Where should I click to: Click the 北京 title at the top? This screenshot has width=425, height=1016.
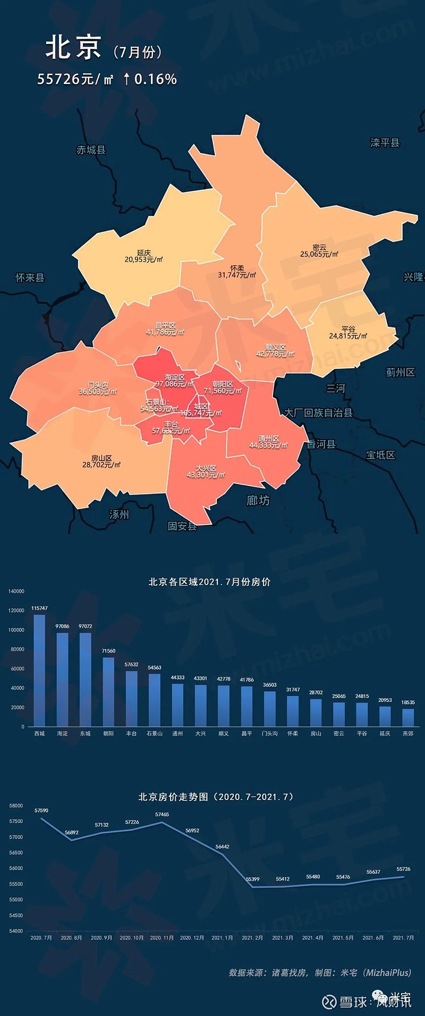[73, 48]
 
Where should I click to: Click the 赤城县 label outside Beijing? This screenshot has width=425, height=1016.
[91, 150]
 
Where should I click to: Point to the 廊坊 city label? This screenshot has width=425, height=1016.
[258, 500]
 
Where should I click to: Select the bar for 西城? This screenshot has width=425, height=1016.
[39, 671]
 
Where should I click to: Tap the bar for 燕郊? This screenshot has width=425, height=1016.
[408, 717]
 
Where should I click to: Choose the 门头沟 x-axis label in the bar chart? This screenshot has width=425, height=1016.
[270, 733]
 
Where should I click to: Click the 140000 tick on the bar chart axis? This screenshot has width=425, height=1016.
[16, 591]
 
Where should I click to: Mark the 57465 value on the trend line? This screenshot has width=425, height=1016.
[162, 814]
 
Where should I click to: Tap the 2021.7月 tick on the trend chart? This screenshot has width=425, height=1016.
[403, 937]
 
